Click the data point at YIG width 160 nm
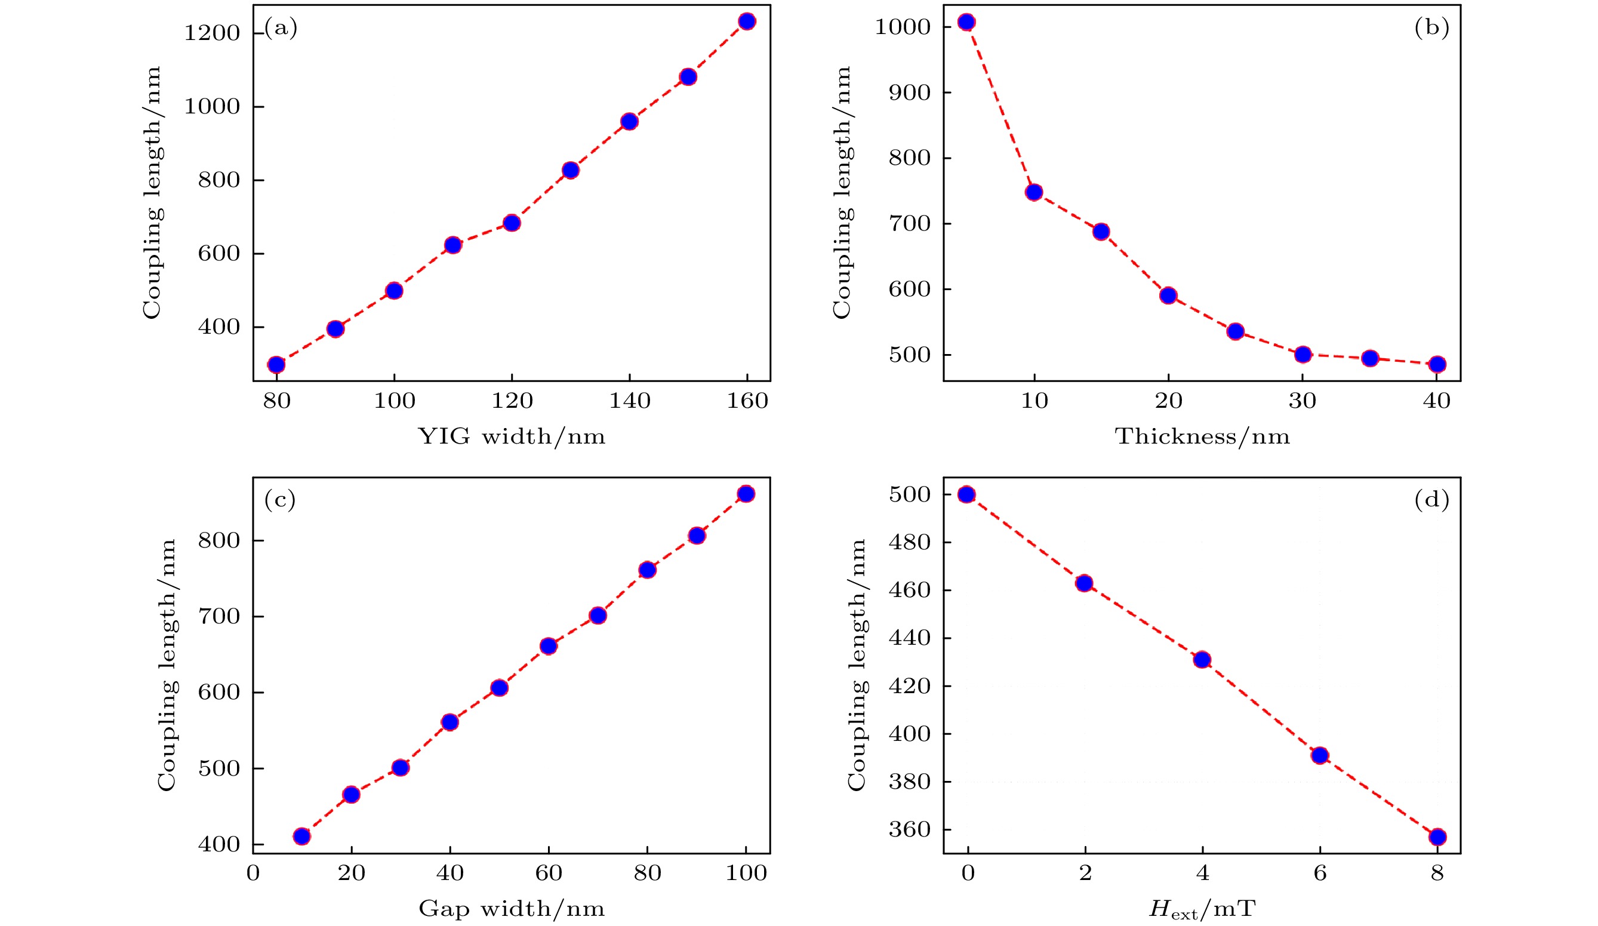point(747,21)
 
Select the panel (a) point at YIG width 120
point(512,223)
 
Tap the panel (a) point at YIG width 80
point(276,365)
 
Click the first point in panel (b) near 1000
point(966,22)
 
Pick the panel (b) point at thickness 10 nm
point(1034,192)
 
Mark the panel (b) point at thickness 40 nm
point(1437,364)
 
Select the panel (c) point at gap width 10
point(302,836)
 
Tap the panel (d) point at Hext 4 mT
point(1202,660)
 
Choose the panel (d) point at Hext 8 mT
point(1437,836)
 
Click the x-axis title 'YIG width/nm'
point(511,437)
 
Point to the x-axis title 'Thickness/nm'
point(1202,437)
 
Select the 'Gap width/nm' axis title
point(511,909)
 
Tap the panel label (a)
point(281,28)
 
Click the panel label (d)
point(1432,500)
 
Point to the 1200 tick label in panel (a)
point(212,33)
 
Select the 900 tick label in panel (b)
point(909,93)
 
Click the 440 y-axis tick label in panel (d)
point(909,638)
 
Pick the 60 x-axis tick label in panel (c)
point(549,873)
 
